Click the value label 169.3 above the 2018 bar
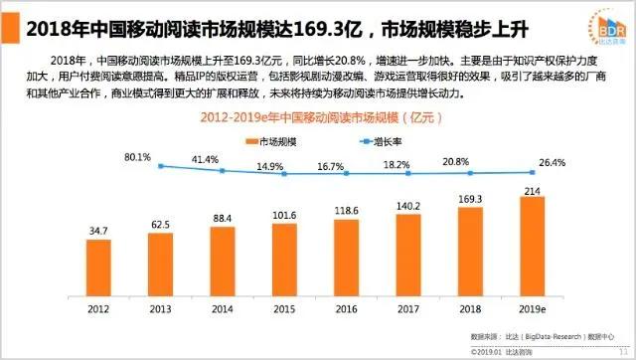pyautogui.click(x=470, y=199)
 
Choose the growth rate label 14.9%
pyautogui.click(x=270, y=166)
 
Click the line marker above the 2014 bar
pyautogui.click(x=222, y=170)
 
